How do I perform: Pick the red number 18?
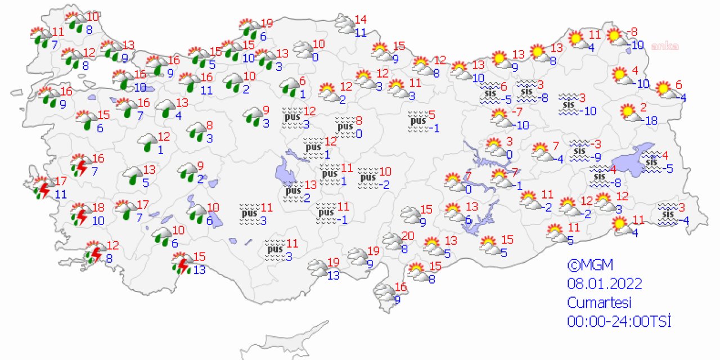pos(98,207)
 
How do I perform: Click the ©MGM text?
pos(589,264)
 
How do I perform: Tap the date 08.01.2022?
pos(605,283)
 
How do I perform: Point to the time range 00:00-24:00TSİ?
pos(619,321)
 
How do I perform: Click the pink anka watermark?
pos(665,47)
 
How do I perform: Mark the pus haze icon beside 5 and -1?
pos(417,121)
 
